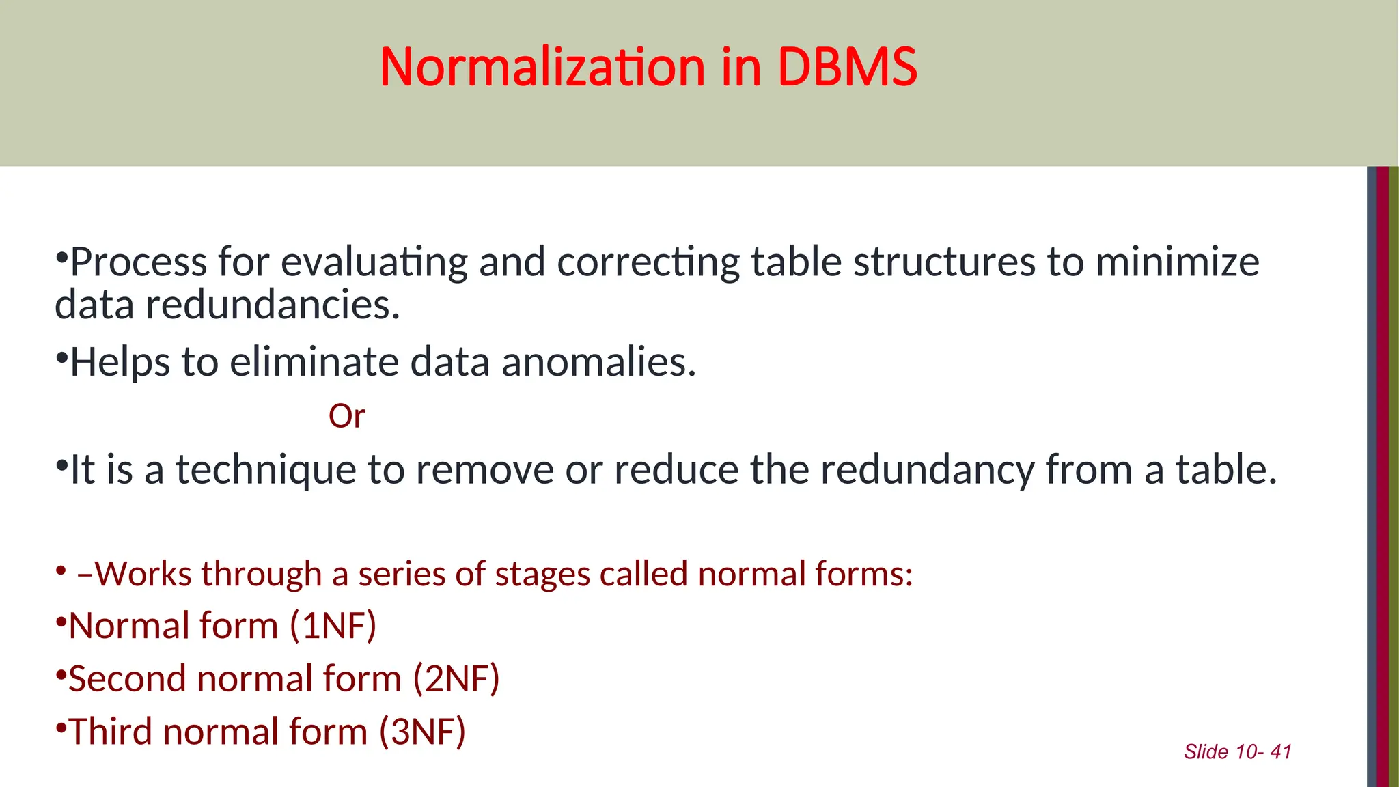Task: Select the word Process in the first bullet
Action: (139, 262)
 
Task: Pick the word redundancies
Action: (273, 305)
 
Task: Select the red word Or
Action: (347, 416)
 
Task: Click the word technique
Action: (266, 471)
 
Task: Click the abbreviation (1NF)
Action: (333, 626)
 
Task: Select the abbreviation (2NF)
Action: (456, 679)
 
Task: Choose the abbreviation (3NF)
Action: (422, 732)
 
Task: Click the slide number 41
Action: (1281, 751)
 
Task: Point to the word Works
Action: (141, 574)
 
